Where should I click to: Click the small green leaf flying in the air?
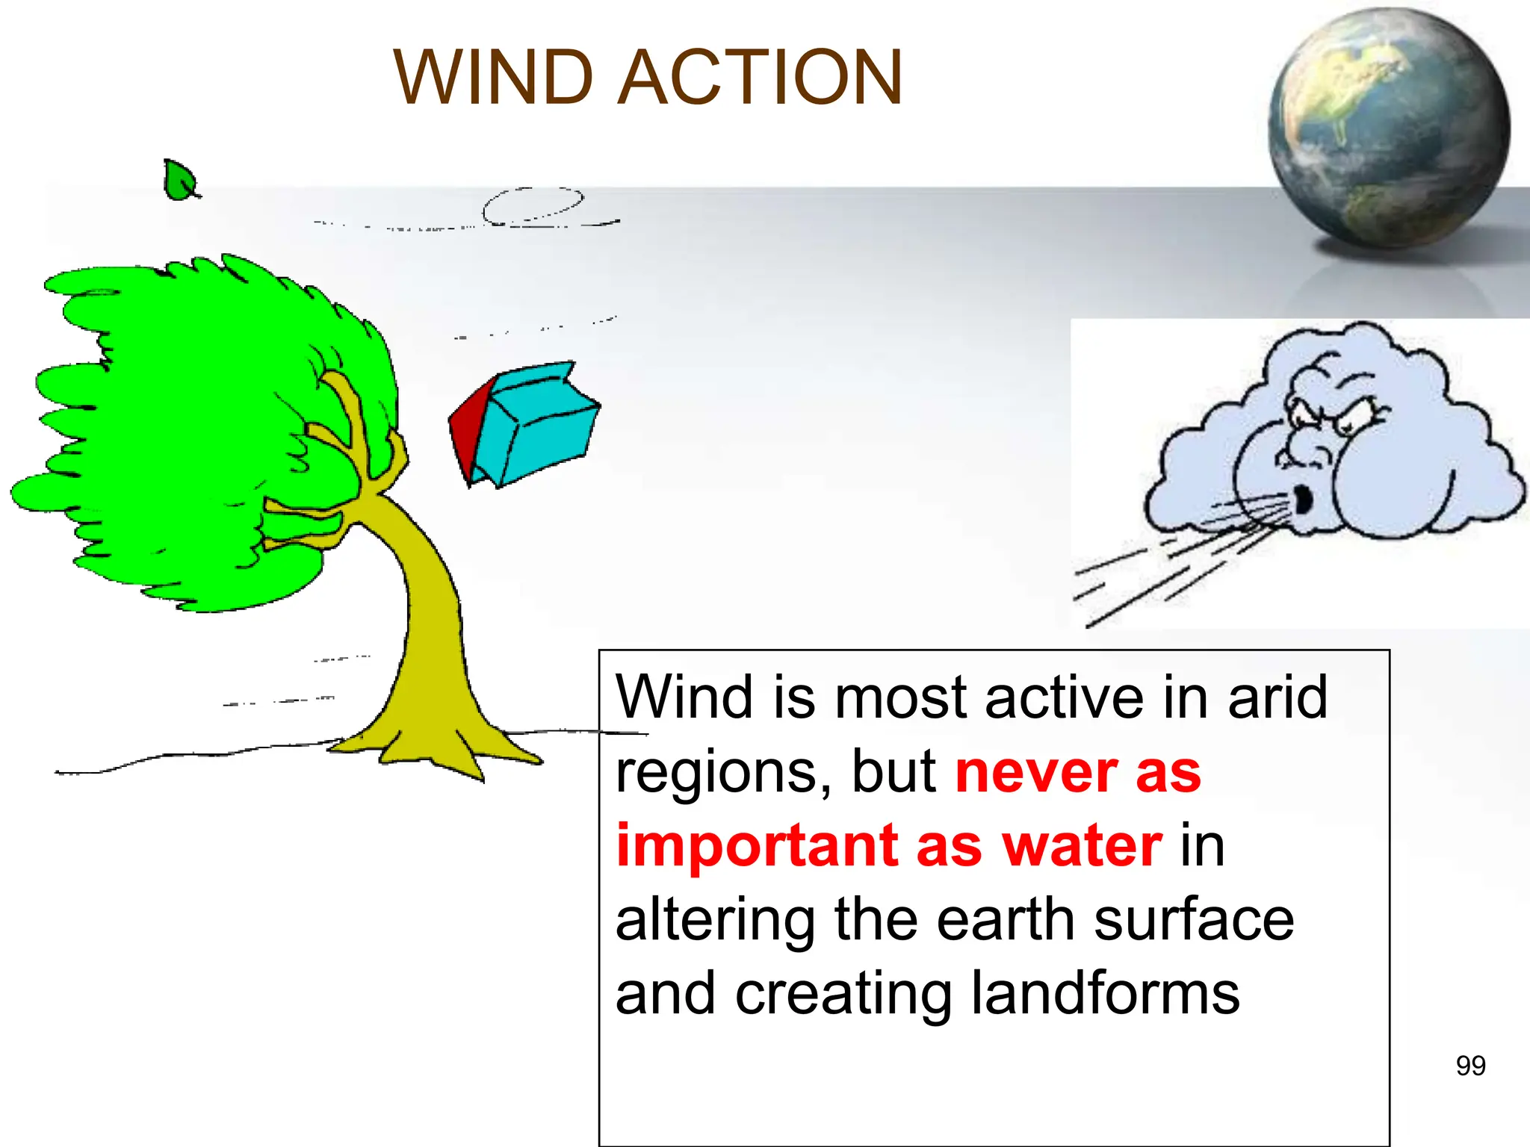click(179, 181)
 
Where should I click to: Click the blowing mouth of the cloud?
click(1303, 500)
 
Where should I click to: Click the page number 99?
click(1470, 1066)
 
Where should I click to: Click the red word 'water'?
click(1082, 846)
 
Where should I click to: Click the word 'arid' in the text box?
click(1277, 697)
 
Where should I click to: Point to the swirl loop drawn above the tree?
click(532, 205)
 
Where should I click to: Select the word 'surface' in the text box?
click(1194, 920)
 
